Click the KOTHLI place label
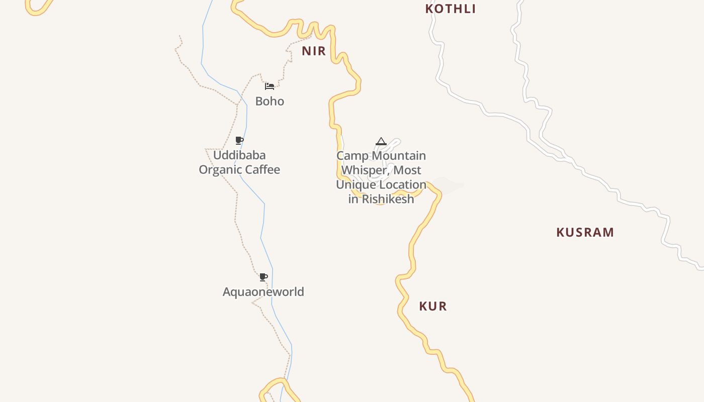click(451, 9)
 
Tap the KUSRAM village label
click(585, 233)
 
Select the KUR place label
click(433, 306)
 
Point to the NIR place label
click(314, 51)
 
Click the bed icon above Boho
click(270, 86)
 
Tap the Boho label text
click(270, 102)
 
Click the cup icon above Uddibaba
click(239, 140)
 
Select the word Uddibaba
click(239, 155)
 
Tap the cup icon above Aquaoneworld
click(263, 277)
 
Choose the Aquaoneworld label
click(263, 292)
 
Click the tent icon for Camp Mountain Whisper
click(381, 141)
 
